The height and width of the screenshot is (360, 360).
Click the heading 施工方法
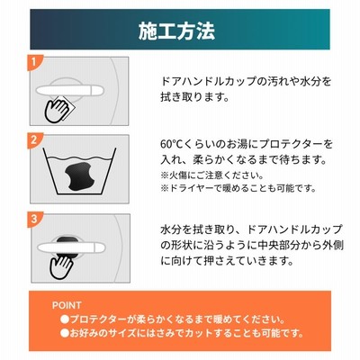coord(176,31)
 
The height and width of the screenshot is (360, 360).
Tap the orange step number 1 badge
coord(33,62)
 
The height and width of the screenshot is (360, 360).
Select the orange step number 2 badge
coord(33,139)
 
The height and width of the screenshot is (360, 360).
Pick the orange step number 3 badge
coord(33,219)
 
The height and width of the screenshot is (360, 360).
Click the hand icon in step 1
coord(56,111)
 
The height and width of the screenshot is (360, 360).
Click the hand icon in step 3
coord(61,266)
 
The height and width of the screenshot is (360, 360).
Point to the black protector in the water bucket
coord(79,176)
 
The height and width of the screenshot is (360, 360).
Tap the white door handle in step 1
coord(69,91)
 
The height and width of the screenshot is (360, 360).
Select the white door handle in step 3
coord(71,247)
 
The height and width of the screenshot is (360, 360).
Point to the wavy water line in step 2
coord(78,158)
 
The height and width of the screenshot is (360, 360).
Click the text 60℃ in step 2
coord(170,144)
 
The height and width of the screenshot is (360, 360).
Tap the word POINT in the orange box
coord(67,305)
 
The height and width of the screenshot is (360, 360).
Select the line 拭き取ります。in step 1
coord(195,96)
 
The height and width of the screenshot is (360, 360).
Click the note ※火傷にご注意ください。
coord(212,175)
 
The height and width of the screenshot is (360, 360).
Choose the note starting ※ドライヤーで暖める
coord(238,189)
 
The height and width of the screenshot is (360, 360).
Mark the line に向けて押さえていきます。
coord(227,261)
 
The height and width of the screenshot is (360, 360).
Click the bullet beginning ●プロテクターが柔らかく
coord(173,319)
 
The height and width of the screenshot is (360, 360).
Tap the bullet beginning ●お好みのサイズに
coord(182,333)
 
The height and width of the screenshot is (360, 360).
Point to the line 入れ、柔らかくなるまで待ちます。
coord(244,159)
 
